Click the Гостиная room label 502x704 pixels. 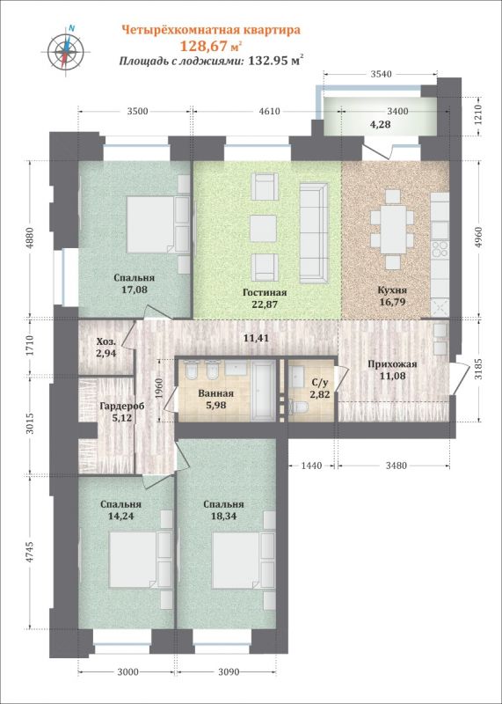pos(265,293)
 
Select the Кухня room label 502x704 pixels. pos(392,290)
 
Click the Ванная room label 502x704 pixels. pos(215,393)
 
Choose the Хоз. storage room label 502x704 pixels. pos(106,342)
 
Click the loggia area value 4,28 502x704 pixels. pos(380,124)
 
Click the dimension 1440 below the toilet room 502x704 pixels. pos(311,466)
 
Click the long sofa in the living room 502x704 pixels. pos(314,233)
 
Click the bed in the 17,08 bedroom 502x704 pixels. pos(150,224)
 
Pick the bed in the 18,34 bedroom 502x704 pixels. pos(237,560)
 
